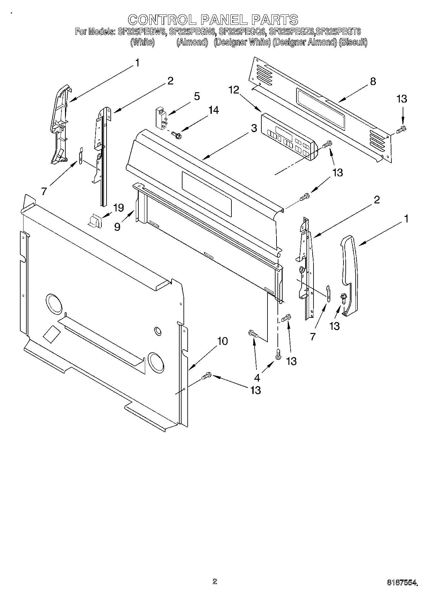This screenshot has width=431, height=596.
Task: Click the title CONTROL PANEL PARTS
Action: pos(213,20)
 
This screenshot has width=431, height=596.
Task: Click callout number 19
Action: pos(118,208)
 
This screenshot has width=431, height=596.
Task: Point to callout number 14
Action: pos(213,110)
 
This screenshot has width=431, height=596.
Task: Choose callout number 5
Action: pos(196,96)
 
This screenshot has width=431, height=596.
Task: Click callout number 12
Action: pos(234,90)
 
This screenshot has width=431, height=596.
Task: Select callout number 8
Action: pos(373,81)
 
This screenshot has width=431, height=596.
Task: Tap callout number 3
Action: pos(254,128)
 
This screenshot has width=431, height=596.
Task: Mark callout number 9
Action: pos(117,227)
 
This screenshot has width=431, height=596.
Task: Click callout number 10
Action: pos(222,341)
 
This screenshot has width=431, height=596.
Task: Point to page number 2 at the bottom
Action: pos(215,581)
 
